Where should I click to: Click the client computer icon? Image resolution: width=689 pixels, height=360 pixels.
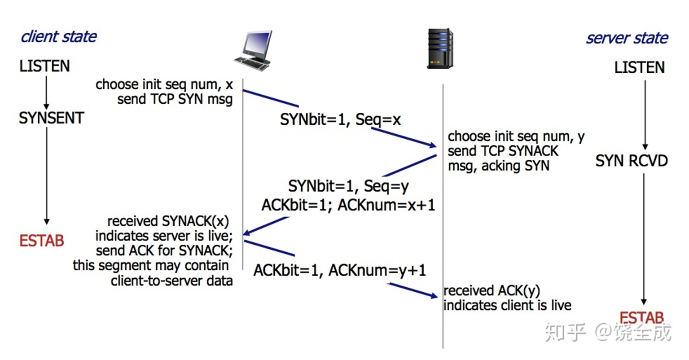[x=254, y=50]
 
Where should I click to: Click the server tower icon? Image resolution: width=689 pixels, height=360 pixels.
[x=439, y=48]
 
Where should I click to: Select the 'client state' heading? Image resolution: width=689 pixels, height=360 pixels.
[x=58, y=37]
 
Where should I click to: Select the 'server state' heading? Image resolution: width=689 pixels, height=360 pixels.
[x=627, y=38]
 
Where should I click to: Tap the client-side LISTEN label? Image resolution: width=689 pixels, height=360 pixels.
[x=44, y=66]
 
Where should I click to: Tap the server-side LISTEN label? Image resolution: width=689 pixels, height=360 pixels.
[x=639, y=68]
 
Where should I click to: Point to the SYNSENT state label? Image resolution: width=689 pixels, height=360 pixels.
[x=51, y=118]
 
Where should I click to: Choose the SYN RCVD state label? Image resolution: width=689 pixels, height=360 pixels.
[x=632, y=161]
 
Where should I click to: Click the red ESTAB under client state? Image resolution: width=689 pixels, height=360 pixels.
[x=42, y=241]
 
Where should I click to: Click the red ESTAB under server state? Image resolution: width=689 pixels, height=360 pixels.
[x=641, y=318]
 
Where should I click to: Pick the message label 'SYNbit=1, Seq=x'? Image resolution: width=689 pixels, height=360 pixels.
[x=340, y=119]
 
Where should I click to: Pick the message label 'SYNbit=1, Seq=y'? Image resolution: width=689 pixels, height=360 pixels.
[x=348, y=186]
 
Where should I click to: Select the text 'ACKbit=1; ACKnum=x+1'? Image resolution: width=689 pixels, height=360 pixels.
[x=348, y=205]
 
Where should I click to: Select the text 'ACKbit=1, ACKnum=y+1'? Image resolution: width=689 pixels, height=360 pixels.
[x=340, y=270]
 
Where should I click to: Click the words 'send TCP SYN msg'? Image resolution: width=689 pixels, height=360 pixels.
[x=175, y=99]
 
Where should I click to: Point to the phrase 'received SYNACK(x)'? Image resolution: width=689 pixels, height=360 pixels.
[x=168, y=221]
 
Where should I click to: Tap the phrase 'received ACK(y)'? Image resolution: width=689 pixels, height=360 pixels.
[x=492, y=291]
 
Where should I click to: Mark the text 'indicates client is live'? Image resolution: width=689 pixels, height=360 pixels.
[x=507, y=306]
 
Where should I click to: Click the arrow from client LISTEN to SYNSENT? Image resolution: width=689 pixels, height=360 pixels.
[x=46, y=92]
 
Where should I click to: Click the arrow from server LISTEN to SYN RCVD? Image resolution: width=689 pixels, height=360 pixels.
[x=645, y=115]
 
